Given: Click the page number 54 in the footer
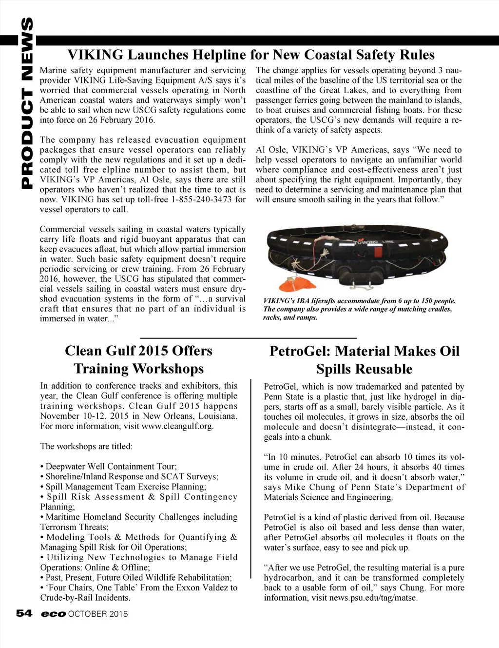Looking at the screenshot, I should (24, 613).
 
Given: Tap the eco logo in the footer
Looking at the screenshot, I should (53, 614).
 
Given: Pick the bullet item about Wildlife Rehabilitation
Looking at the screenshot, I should (139, 577).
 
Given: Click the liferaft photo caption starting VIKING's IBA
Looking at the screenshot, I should (359, 309).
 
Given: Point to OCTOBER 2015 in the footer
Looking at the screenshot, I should (98, 614).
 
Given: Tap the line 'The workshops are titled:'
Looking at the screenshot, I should (86, 446).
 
